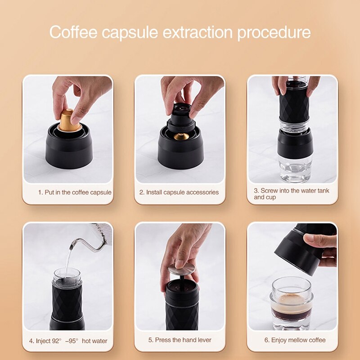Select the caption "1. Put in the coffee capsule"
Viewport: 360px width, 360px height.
click(x=75, y=192)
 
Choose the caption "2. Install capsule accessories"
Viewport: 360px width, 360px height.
click(x=179, y=192)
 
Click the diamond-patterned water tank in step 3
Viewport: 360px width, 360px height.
click(x=293, y=101)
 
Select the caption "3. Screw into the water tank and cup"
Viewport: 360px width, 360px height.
click(x=291, y=194)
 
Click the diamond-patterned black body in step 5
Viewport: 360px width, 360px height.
click(x=182, y=308)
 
